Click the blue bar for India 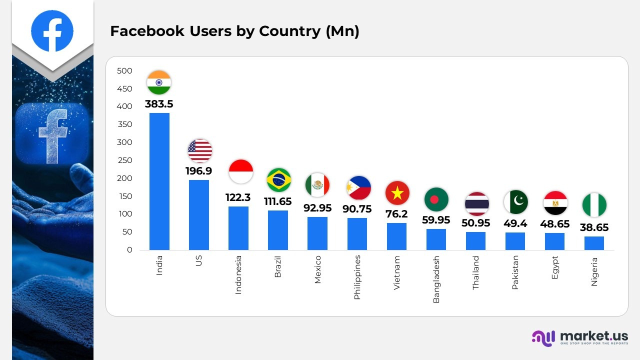coord(159,181)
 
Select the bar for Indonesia coord(238,228)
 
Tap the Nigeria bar coord(594,243)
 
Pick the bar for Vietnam coord(396,236)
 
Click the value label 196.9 coord(198,171)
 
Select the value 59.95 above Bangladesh coord(436,220)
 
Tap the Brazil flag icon coord(278,180)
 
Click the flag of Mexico coord(317,185)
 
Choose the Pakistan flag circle coord(515,202)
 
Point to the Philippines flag coord(358,188)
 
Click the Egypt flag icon coord(555,203)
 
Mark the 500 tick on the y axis coord(124,71)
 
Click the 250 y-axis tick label coord(124,160)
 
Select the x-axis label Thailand coord(475,273)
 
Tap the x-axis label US coord(199,260)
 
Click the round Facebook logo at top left coord(52,31)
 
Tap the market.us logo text coord(593,335)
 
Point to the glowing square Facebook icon coord(52,133)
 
